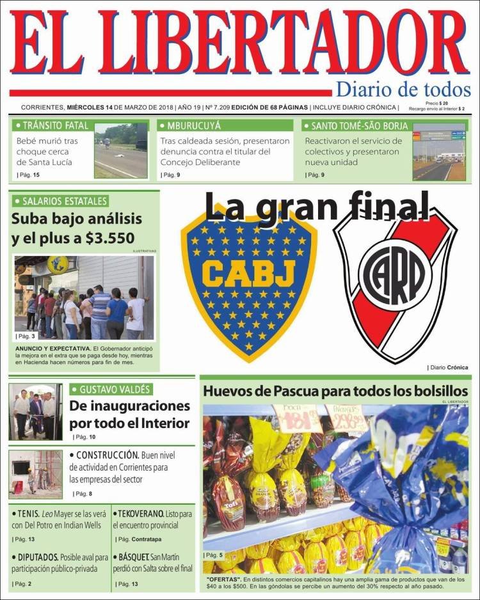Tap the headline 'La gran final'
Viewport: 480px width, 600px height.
click(317, 206)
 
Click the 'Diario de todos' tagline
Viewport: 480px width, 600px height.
click(403, 90)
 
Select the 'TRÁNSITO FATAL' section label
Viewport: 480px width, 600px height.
click(55, 126)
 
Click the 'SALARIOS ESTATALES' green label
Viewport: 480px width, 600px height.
click(60, 201)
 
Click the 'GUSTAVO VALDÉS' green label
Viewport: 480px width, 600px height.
click(115, 390)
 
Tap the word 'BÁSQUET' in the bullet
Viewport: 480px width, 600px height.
click(135, 557)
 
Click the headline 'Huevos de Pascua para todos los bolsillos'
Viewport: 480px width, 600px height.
click(335, 391)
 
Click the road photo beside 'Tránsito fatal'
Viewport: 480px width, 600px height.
click(121, 151)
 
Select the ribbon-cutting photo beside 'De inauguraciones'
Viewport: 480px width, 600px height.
click(36, 412)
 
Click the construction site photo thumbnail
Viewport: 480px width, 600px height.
click(36, 474)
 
